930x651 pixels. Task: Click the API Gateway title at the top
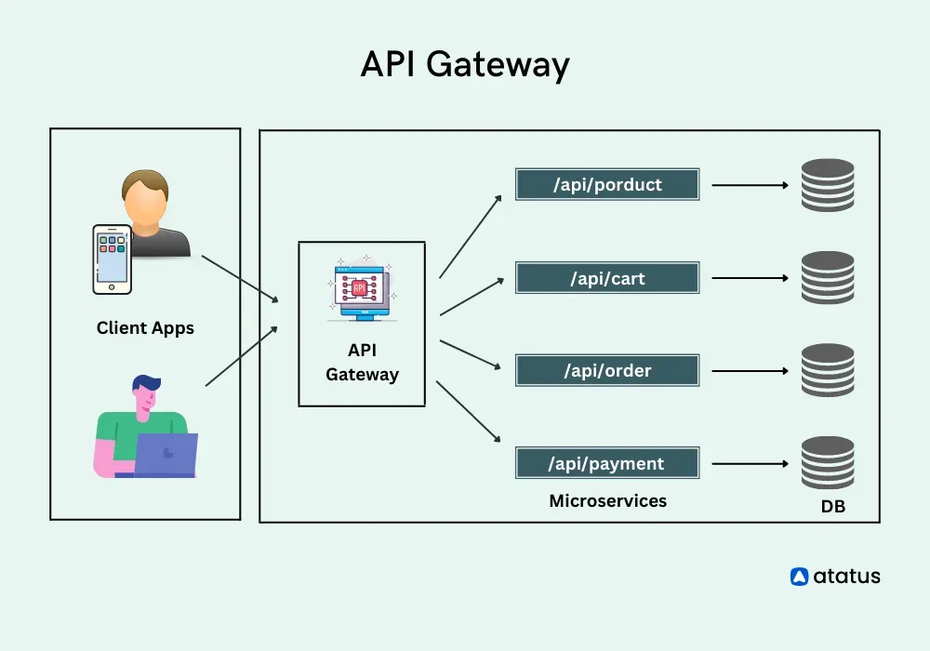[x=464, y=65]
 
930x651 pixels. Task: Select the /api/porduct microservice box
[x=607, y=184]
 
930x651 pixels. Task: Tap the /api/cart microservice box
[x=607, y=278]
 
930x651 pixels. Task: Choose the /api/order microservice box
[x=607, y=370]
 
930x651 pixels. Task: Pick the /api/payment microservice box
[x=607, y=463]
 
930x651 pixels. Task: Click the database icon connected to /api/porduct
[x=828, y=185]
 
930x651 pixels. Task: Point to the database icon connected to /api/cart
[x=828, y=278]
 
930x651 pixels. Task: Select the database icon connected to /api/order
[x=828, y=370]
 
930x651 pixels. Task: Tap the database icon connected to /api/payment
[x=828, y=463]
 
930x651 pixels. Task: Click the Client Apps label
[x=145, y=328]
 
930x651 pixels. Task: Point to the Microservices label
[x=607, y=501]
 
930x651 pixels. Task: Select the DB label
[x=833, y=508]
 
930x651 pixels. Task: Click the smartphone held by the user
[x=112, y=258]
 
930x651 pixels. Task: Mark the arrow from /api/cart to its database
[x=750, y=278]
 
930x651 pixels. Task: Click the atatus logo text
[x=846, y=577]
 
